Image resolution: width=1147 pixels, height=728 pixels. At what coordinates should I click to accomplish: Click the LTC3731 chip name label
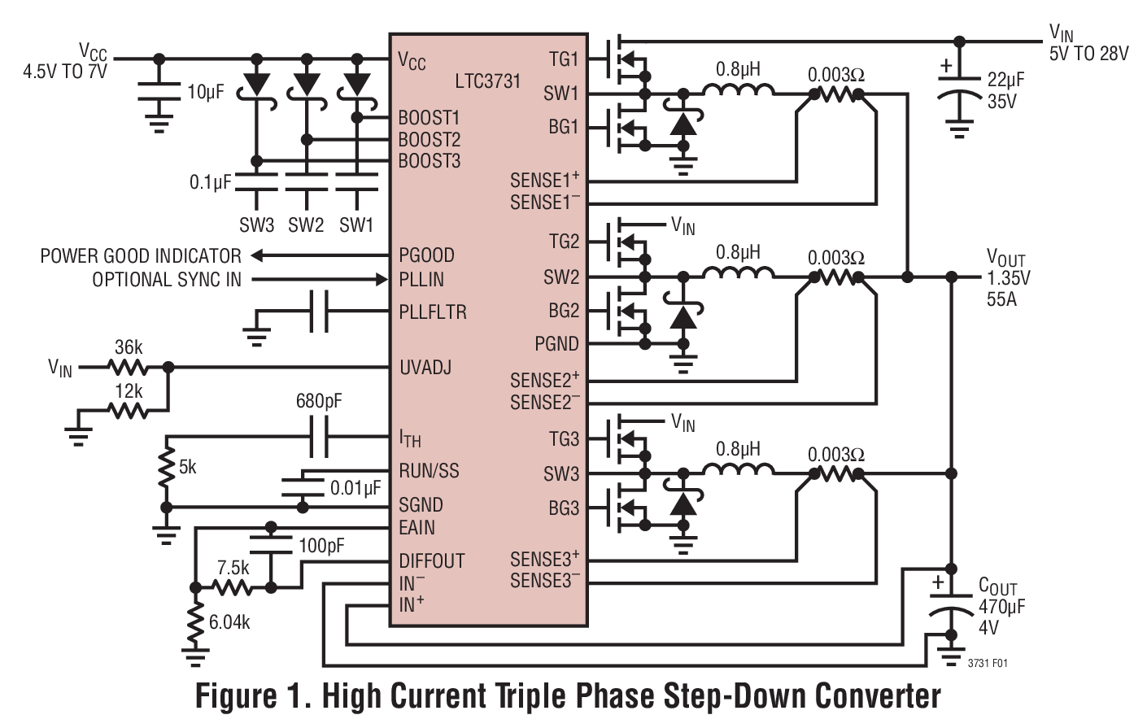[487, 81]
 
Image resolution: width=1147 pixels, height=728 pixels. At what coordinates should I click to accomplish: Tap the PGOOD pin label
[426, 255]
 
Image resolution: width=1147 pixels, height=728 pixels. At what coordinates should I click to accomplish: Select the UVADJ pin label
[425, 368]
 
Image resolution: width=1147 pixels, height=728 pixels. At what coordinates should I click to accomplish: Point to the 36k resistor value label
[129, 347]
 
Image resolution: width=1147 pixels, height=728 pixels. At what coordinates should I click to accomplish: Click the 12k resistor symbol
[128, 411]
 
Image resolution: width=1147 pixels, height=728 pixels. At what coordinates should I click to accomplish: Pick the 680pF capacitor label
[318, 401]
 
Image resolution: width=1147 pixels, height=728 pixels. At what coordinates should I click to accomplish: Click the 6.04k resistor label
[229, 622]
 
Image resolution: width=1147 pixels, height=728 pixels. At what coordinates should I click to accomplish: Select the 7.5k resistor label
[233, 568]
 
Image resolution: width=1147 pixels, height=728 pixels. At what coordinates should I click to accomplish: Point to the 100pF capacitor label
[321, 546]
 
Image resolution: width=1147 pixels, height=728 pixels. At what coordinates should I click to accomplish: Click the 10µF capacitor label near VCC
[205, 92]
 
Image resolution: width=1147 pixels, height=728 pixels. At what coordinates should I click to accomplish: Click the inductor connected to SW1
[738, 91]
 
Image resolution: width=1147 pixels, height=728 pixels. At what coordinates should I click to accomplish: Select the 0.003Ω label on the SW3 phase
[835, 455]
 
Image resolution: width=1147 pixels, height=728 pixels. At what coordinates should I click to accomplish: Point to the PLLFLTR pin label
[432, 312]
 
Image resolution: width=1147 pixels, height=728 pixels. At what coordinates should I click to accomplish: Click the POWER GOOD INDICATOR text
[141, 256]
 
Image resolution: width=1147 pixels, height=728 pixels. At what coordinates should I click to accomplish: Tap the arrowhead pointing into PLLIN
[381, 280]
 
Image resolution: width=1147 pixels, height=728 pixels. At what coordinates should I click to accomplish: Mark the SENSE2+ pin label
[544, 380]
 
